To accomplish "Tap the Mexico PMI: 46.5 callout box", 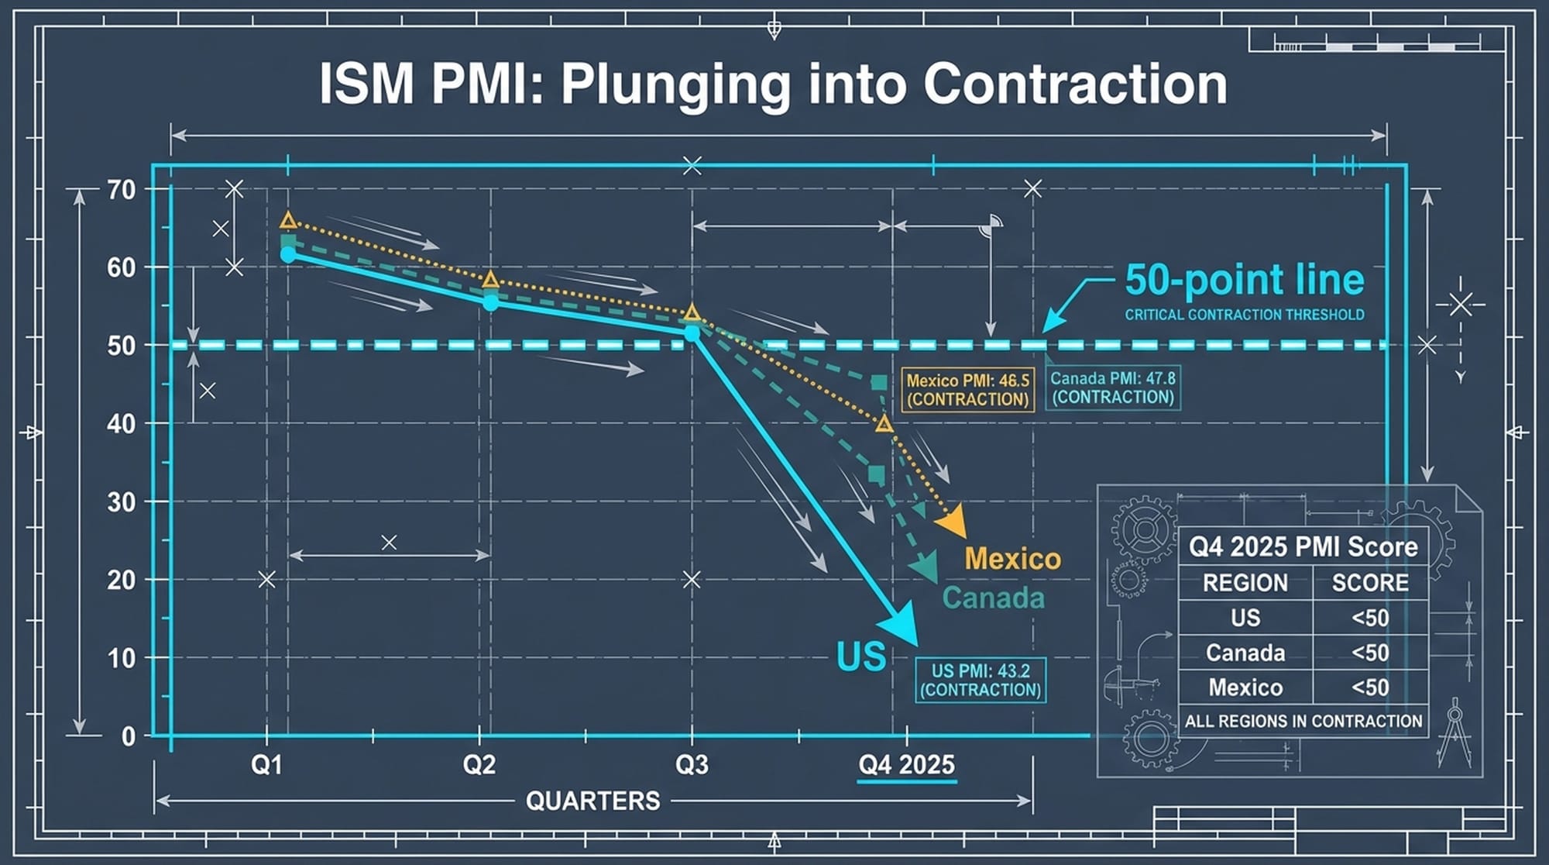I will [967, 390].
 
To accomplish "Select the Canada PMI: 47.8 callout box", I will [1112, 388].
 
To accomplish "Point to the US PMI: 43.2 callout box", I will [980, 680].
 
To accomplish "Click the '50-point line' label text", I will [1244, 280].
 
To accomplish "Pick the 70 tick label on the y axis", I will [122, 190].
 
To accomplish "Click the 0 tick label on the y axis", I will [129, 736].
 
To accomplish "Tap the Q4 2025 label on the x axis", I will [906, 765].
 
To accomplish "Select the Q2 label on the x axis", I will [479, 765].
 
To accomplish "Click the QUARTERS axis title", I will [592, 801].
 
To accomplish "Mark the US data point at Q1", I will [288, 254].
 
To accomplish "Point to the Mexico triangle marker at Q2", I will [490, 280].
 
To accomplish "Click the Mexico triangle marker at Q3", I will [692, 313].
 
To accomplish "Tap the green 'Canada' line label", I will [993, 598].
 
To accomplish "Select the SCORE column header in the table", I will [1369, 583].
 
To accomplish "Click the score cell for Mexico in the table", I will [1369, 688].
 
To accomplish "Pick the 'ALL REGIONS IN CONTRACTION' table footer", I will [1303, 721].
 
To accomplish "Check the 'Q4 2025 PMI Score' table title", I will [1303, 546].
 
